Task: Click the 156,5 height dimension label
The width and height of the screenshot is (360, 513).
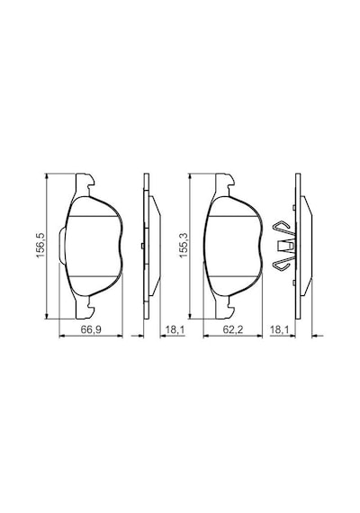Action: (x=40, y=246)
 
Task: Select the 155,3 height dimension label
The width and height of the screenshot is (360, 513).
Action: (x=184, y=246)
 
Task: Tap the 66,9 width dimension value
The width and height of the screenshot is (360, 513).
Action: (x=91, y=329)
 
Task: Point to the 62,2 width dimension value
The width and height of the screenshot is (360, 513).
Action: (x=233, y=329)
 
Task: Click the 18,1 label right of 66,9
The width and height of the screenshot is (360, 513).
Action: (x=175, y=329)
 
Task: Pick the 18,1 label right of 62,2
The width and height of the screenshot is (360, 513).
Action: (x=279, y=329)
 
